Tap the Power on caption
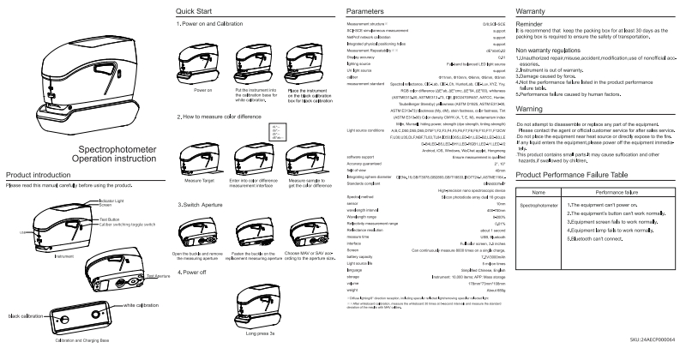click(204, 88)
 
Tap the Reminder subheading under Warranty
click(533, 24)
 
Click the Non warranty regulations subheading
click(555, 51)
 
